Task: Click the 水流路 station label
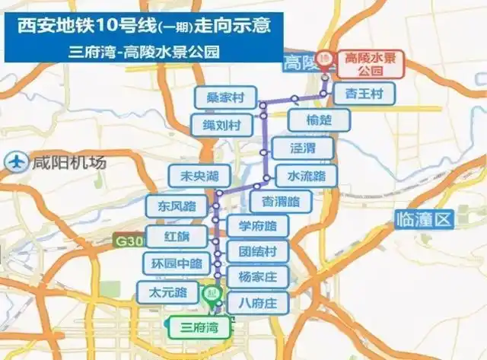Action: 306,176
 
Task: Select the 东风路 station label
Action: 177,206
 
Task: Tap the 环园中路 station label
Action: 176,264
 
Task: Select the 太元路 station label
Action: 166,292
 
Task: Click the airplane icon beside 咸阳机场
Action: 15,162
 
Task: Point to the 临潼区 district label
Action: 424,221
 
